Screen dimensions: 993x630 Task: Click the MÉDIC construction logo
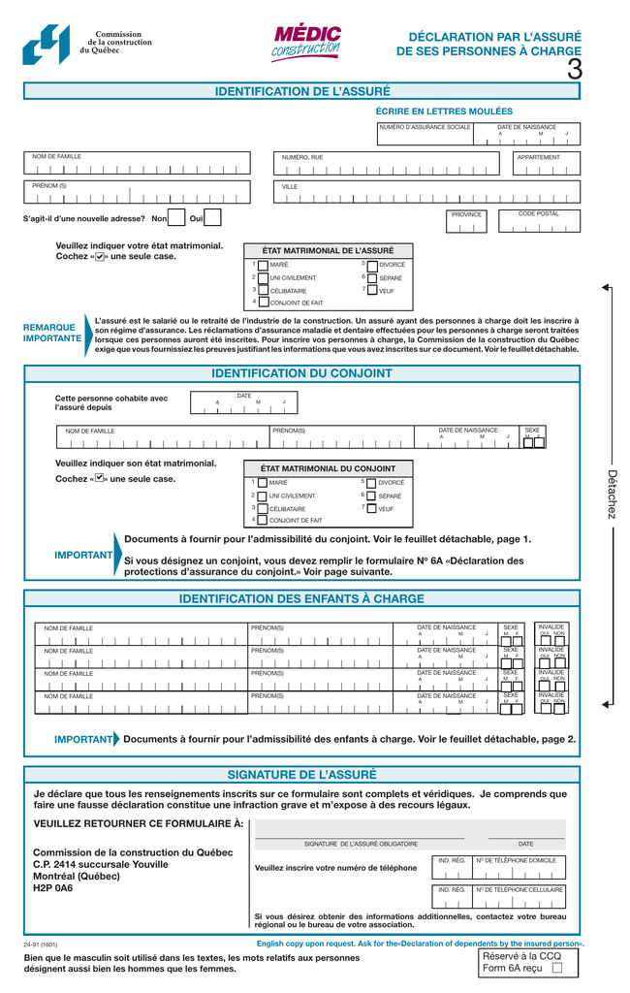[x=306, y=44]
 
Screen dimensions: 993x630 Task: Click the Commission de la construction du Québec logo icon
[x=46, y=45]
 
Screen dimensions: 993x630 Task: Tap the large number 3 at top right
[x=575, y=70]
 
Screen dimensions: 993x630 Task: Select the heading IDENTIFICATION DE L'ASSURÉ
[x=302, y=91]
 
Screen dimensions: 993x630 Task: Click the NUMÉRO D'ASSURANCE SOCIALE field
[x=425, y=138]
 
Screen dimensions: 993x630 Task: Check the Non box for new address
[x=176, y=218]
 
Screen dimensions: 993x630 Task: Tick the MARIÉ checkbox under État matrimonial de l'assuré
[x=263, y=265]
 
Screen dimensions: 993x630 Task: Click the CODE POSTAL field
[x=539, y=224]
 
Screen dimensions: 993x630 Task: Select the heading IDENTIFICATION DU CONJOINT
[x=302, y=373]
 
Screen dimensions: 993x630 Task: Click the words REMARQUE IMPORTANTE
[x=52, y=334]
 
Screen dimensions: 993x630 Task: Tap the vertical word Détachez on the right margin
[x=611, y=494]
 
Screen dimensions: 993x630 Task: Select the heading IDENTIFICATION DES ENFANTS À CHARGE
[x=302, y=598]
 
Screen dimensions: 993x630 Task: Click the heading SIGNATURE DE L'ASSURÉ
[x=302, y=775]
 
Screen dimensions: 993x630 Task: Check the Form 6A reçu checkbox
[x=556, y=967]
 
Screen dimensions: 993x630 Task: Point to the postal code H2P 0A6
[x=53, y=888]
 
